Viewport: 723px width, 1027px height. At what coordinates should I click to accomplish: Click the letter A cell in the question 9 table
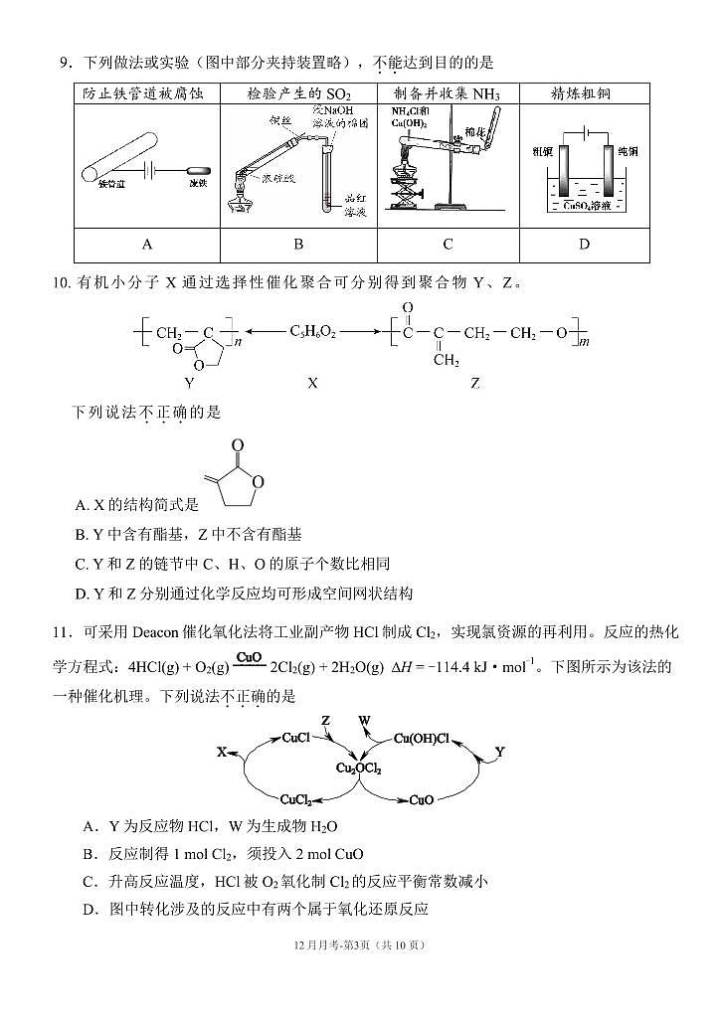pos(147,245)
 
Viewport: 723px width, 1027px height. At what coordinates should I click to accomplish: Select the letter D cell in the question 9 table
pos(584,245)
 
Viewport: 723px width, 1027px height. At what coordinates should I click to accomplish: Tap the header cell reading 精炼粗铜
pos(583,93)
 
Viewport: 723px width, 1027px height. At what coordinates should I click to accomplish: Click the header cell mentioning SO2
pos(298,93)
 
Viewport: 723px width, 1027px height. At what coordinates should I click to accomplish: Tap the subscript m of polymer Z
pos(585,343)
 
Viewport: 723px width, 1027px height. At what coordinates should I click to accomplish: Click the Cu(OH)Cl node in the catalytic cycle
pos(422,739)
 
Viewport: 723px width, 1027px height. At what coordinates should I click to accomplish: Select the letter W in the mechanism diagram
pos(363,720)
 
